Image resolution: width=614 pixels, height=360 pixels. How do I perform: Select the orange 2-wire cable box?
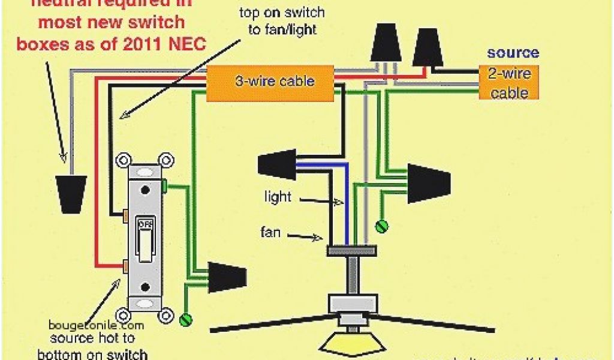[508, 82]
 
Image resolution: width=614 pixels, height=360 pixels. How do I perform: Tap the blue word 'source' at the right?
[513, 53]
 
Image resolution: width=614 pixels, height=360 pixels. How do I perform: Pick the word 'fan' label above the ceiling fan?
[270, 232]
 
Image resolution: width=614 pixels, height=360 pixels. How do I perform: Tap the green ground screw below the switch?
[188, 319]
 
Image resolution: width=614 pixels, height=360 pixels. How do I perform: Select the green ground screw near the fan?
[381, 226]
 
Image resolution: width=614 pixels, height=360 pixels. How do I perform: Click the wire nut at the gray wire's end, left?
[71, 193]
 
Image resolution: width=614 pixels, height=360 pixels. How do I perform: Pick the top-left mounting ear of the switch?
[124, 161]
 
